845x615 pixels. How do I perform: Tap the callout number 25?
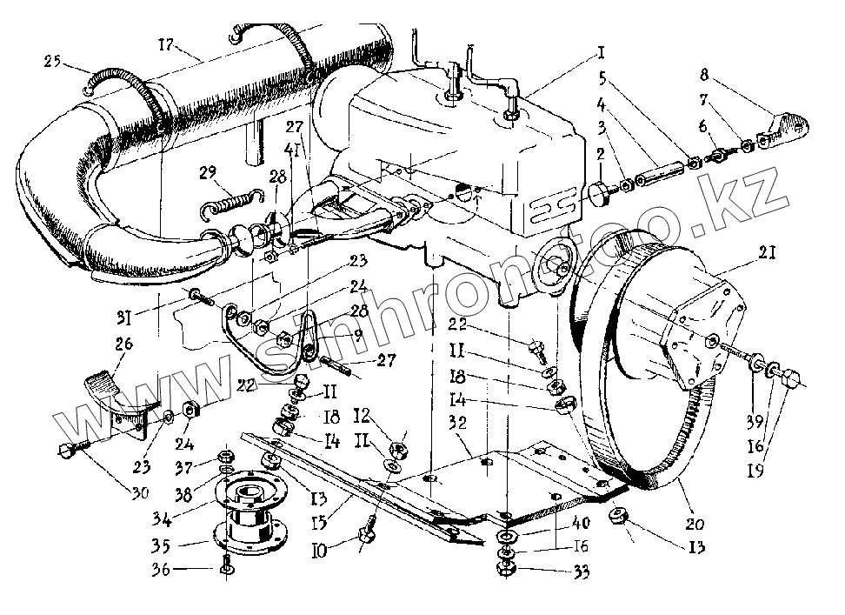pyautogui.click(x=53, y=61)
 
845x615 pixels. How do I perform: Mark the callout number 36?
pyautogui.click(x=184, y=570)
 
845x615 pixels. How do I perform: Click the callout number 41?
pyautogui.click(x=295, y=149)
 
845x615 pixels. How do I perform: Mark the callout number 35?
pyautogui.click(x=184, y=547)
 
